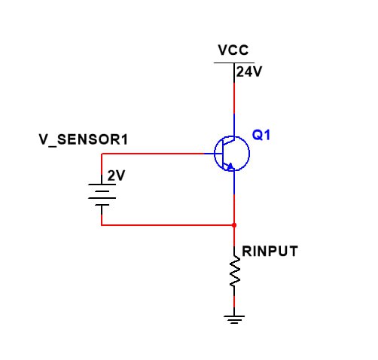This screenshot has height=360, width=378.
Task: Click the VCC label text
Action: [233, 50]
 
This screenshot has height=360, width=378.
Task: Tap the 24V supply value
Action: [249, 72]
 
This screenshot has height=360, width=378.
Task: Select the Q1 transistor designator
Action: [261, 135]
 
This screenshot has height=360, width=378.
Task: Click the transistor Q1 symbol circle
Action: [249, 154]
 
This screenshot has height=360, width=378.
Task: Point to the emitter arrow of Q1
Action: [229, 166]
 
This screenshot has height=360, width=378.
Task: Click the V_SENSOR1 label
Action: [84, 139]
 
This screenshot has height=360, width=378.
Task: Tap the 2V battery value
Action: [116, 175]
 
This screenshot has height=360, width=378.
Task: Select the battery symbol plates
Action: [102, 195]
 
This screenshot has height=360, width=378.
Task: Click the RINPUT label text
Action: [270, 251]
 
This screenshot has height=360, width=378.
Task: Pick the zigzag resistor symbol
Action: [234, 270]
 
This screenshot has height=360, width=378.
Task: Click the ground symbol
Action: [234, 319]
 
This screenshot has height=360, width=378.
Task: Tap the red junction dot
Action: [234, 225]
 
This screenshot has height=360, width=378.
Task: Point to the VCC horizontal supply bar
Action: [234, 63]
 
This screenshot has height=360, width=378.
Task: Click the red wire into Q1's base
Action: [153, 154]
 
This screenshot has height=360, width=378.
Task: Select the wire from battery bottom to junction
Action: [168, 225]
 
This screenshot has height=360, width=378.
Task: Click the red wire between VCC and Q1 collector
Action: [234, 98]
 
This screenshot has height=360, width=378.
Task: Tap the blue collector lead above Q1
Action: [234, 125]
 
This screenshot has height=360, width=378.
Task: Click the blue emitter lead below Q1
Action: [234, 182]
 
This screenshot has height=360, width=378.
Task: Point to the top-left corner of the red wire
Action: [102, 154]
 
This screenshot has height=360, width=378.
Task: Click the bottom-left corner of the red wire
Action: [102, 225]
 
